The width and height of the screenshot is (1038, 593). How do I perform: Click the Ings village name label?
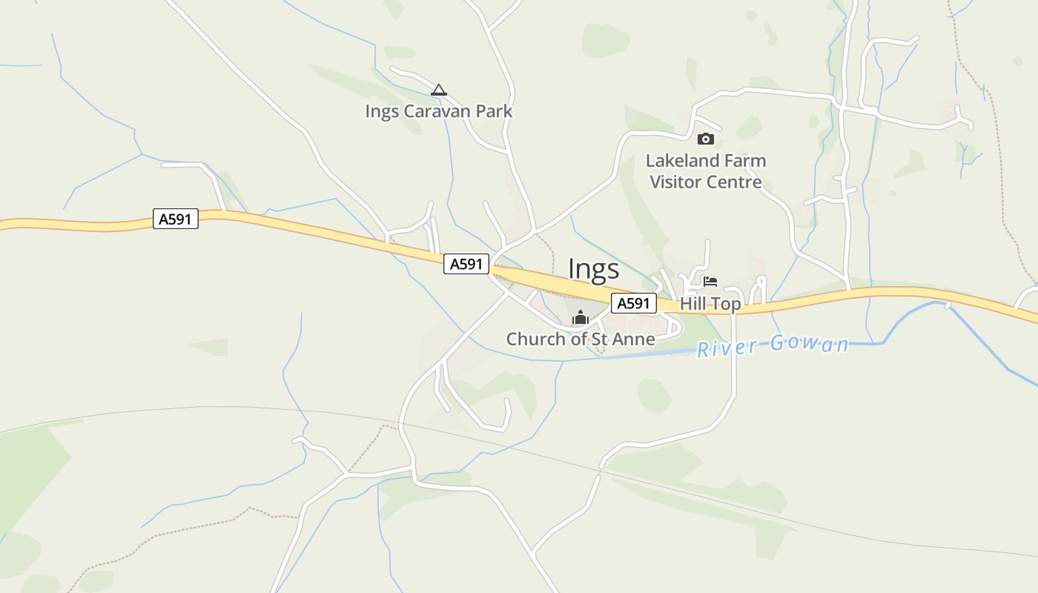click(593, 269)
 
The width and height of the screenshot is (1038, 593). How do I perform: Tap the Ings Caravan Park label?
click(438, 112)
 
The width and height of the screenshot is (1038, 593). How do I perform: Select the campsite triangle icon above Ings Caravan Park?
click(439, 90)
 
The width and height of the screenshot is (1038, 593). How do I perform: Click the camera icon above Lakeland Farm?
click(705, 139)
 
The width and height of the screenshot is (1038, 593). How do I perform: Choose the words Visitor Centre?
click(705, 182)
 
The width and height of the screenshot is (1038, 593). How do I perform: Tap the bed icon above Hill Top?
click(710, 282)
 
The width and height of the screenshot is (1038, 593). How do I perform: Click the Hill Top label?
click(710, 304)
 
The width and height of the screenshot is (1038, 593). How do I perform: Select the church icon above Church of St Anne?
click(580, 317)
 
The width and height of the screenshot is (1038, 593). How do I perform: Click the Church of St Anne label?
click(580, 339)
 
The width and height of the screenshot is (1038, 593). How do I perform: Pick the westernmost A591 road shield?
click(176, 219)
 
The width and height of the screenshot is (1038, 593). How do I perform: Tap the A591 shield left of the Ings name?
click(466, 264)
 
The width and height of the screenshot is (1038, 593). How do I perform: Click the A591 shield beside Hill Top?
click(634, 303)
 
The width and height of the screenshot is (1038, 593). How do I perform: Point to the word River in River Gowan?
click(727, 347)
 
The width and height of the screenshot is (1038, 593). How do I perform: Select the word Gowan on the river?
click(809, 344)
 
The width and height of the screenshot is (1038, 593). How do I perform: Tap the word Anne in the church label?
click(635, 339)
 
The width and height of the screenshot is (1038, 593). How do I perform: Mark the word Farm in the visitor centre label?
click(745, 161)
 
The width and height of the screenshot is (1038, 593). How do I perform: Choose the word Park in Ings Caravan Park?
click(495, 112)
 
